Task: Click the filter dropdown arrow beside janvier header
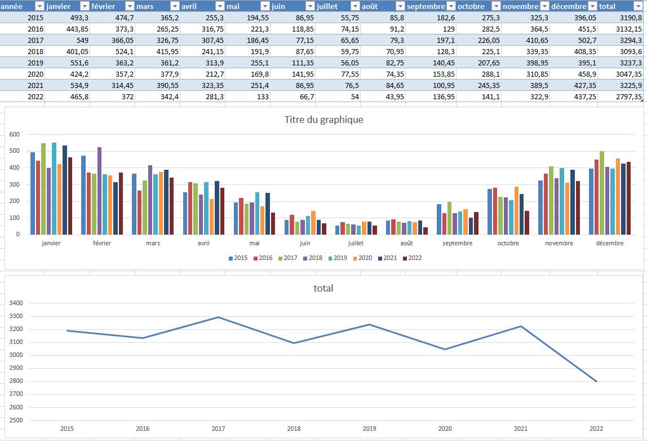point(85,6)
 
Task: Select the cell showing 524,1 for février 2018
point(112,51)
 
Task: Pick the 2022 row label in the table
point(23,96)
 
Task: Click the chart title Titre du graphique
point(323,120)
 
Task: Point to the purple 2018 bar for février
point(100,191)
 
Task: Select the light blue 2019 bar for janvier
point(54,188)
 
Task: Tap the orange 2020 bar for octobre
point(517,210)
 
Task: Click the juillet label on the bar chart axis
point(356,243)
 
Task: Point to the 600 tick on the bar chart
point(14,135)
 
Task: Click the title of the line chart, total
point(323,288)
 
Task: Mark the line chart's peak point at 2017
point(218,317)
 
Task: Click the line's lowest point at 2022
point(596,381)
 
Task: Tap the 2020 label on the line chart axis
point(445,429)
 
